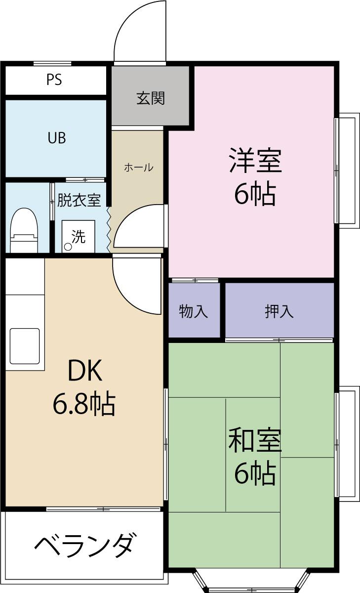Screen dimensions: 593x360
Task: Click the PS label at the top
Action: [x=54, y=80]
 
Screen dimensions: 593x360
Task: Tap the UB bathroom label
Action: [x=57, y=138]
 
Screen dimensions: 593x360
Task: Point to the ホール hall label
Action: [x=138, y=168]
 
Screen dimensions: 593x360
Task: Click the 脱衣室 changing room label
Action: [x=79, y=201]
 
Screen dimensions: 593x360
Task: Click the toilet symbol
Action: [x=24, y=231]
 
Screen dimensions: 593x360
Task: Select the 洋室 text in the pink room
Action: [x=255, y=161]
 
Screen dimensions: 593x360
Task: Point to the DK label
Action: [x=84, y=372]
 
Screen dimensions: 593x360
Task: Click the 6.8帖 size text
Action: [x=84, y=405]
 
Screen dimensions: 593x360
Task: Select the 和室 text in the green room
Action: [x=255, y=441]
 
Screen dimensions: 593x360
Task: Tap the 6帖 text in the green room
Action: [x=255, y=474]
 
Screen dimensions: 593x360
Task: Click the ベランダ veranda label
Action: [x=84, y=545]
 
